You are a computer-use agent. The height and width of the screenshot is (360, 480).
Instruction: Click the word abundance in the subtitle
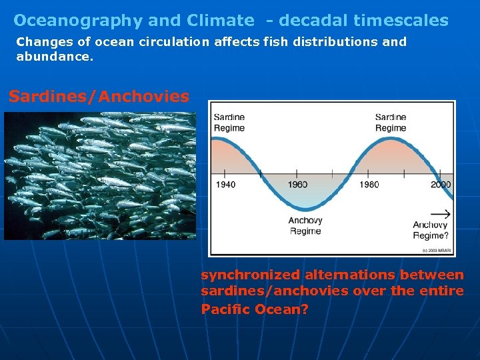click(53, 57)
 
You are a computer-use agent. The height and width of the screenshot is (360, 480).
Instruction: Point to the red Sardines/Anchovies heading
click(99, 97)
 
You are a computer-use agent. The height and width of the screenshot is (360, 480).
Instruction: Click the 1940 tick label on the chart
click(225, 185)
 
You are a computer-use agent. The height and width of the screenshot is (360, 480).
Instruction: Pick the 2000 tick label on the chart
click(440, 185)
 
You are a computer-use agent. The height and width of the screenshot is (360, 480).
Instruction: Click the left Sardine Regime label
click(229, 123)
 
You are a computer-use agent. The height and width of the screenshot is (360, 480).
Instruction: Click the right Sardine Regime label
click(391, 123)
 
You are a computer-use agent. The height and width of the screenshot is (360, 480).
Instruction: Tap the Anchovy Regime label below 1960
click(305, 226)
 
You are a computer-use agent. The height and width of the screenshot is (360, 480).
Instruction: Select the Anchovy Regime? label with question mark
click(430, 230)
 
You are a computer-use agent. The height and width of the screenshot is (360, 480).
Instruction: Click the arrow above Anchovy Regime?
click(440, 215)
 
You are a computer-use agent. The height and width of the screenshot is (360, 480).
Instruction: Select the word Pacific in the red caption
click(225, 309)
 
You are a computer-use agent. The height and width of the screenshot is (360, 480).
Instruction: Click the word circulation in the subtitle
click(177, 42)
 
